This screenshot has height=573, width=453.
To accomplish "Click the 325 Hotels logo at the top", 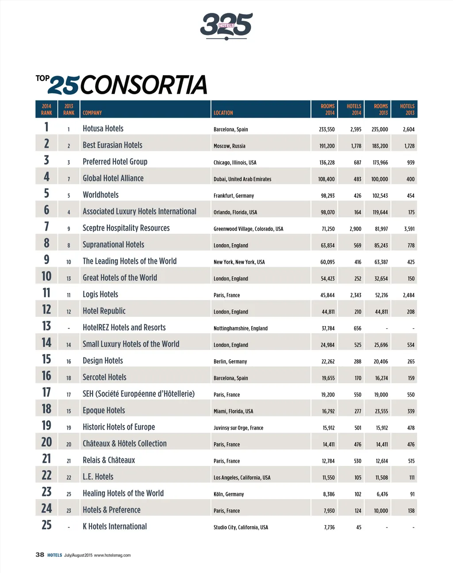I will [226, 25].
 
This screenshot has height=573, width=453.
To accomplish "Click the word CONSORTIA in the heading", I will [143, 85].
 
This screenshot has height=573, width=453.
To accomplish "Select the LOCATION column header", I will [223, 113].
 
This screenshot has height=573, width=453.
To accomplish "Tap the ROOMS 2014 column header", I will [327, 109].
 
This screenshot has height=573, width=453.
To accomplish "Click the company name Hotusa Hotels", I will [103, 129].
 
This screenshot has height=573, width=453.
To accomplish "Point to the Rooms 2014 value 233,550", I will [326, 130].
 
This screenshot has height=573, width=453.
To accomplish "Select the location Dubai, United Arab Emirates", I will [242, 179].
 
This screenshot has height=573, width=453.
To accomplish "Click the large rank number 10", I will [46, 277].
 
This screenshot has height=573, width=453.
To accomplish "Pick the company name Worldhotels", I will [100, 195].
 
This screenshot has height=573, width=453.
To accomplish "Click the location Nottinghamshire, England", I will [241, 328].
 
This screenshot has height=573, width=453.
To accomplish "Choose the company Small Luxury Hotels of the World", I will [131, 344].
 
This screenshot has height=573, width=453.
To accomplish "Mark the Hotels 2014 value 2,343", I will [356, 295].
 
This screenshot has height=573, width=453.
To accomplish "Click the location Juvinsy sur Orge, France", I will [238, 428].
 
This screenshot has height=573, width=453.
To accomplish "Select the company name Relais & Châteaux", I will [109, 460].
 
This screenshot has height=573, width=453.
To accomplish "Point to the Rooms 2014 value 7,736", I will [329, 527].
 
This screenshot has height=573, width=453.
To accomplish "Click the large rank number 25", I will [46, 525].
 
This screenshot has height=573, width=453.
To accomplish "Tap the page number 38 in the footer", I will [40, 555].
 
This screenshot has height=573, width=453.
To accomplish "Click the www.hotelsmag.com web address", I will [112, 555].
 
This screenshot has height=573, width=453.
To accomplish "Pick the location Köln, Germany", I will [229, 494].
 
